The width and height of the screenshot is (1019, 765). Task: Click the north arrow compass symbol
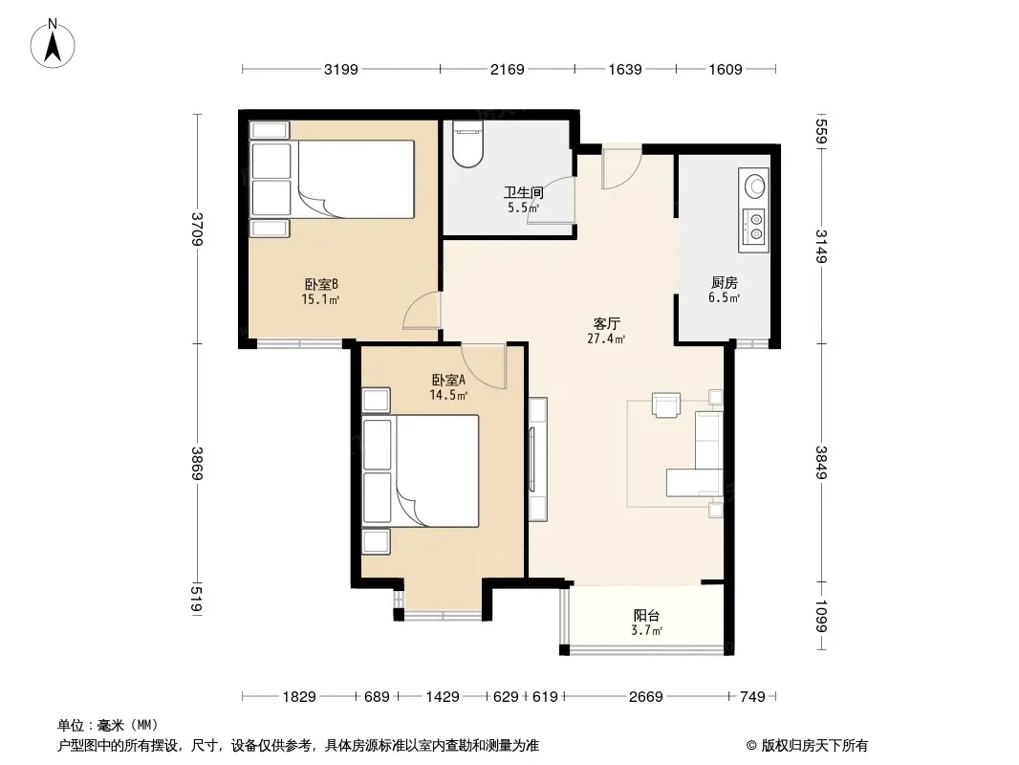click(53, 44)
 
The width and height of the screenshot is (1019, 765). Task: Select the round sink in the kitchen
click(754, 186)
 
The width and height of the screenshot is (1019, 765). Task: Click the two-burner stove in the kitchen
click(754, 227)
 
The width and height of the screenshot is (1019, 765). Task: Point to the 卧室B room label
click(321, 285)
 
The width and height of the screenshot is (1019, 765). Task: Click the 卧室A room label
click(448, 380)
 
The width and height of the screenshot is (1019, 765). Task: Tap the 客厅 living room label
click(606, 323)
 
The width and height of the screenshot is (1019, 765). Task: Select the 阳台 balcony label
click(646, 615)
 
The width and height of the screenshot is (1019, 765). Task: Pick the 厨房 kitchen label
click(724, 283)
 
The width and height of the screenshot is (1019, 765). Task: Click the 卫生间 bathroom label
click(523, 192)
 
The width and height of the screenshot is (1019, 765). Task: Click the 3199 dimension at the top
click(341, 69)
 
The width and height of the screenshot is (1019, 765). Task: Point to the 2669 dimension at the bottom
click(646, 697)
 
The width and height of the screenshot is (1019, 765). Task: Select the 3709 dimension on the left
click(198, 229)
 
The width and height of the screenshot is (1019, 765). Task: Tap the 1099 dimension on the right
click(821, 616)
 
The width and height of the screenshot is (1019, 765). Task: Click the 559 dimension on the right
click(821, 131)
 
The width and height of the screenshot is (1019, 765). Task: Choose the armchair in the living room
click(666, 404)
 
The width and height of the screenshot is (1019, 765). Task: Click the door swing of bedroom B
click(423, 310)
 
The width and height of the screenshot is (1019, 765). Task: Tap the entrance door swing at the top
click(621, 168)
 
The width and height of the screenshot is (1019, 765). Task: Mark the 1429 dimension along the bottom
click(443, 697)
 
